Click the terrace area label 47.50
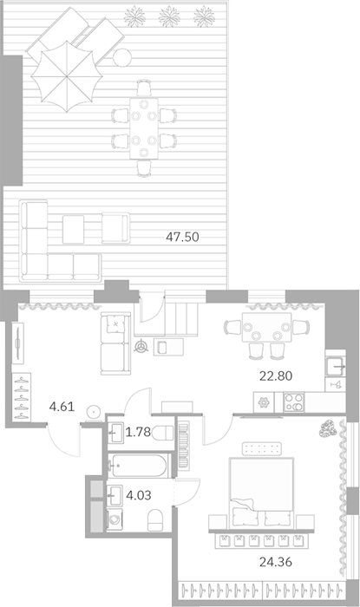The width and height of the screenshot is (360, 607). coord(182,237)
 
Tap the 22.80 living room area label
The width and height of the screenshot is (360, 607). coord(276,375)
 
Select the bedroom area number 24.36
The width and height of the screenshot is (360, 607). coord(275,562)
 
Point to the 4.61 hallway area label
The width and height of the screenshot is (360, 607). coord(62,407)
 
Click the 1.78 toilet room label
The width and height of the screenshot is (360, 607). coord(138,432)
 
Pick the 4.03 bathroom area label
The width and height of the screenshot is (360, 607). coord(139,495)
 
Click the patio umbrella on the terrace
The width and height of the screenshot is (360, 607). coord(67,76)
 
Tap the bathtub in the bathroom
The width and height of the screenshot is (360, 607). coord(138,466)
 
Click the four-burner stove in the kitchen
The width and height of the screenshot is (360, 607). coord(294,402)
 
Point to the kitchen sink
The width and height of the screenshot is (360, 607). coord(335,365)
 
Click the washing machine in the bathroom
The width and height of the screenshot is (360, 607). coord(115,519)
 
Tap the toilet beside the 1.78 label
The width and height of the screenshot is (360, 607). coord(163,433)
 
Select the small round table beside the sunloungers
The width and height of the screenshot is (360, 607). coord(122,58)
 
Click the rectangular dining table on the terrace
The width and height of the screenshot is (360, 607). coord(144,128)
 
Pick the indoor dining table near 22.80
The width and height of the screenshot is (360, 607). coord(266,327)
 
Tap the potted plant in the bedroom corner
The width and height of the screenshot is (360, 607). coord(328,428)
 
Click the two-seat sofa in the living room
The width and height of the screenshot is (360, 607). coord(115,343)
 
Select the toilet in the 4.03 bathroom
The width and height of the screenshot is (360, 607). coord(155,520)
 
